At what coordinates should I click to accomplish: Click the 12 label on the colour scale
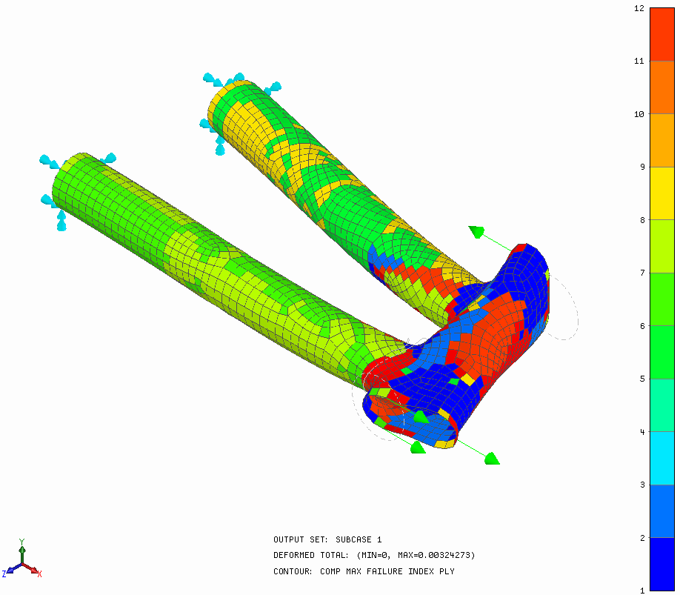639,8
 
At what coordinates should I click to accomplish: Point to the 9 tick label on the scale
641,167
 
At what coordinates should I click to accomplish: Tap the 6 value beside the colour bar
641,326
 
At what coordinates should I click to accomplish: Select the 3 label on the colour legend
641,485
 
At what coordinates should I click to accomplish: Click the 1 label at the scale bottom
641,591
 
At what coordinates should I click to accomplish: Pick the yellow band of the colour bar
662,193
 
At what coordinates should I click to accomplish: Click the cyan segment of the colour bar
662,458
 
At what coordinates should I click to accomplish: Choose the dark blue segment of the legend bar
662,564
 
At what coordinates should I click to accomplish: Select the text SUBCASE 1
359,539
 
